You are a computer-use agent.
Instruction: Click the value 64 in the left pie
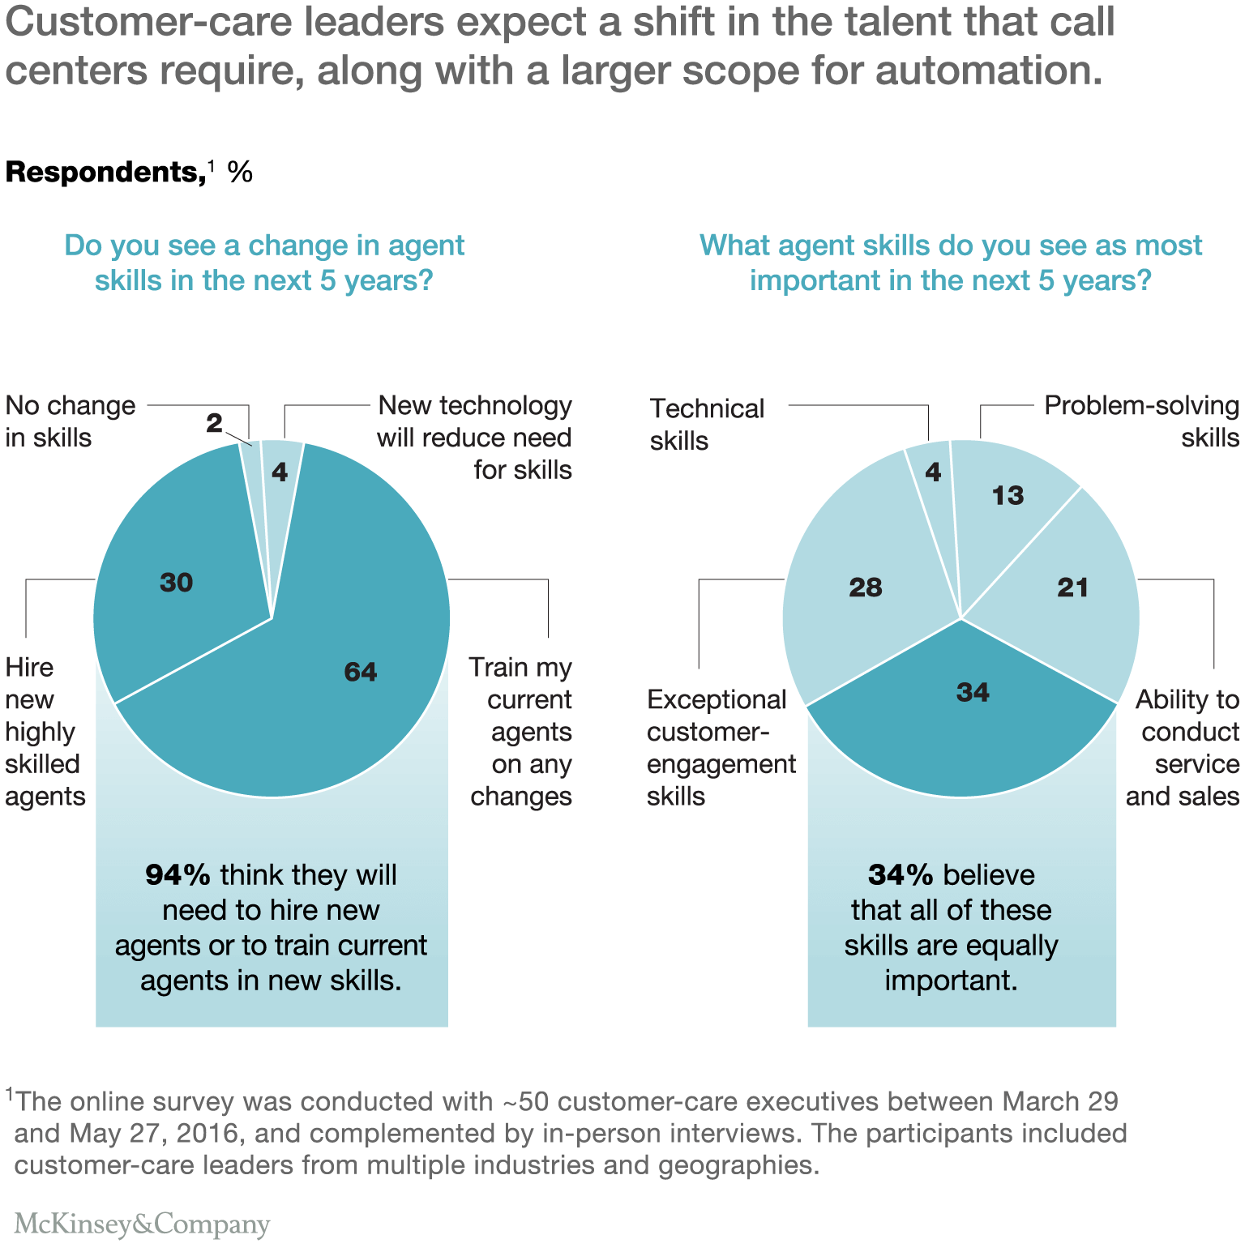tap(361, 672)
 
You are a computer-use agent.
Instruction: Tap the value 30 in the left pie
tap(176, 583)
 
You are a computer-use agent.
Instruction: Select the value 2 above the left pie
tap(214, 423)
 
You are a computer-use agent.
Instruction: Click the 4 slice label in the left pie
tap(280, 472)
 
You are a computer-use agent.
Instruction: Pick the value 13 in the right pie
tap(1008, 496)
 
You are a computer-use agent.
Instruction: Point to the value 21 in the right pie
tap(1072, 588)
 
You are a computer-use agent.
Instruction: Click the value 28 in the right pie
tap(865, 588)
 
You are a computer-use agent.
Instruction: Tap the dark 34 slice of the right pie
tap(972, 692)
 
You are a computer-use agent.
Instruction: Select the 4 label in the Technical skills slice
tap(933, 472)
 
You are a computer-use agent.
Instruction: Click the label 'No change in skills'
tap(71, 421)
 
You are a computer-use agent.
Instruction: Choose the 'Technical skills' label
tap(707, 425)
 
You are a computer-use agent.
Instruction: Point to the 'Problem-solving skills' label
tap(1141, 421)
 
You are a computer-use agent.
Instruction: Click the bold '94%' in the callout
tap(178, 875)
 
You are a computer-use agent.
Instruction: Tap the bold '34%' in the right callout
tap(901, 875)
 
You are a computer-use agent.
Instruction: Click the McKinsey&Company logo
tap(142, 1224)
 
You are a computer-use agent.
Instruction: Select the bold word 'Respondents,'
tap(105, 173)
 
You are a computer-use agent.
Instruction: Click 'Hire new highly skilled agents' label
tap(45, 732)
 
